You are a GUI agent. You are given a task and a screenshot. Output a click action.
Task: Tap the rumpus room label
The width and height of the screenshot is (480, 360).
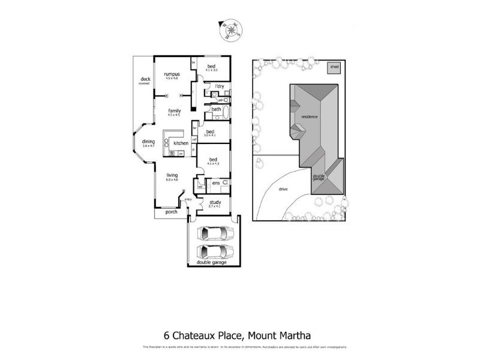172,75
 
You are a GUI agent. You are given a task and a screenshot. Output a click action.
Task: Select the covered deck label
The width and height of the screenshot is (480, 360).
145,80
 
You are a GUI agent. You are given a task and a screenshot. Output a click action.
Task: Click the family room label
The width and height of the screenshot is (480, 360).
174,112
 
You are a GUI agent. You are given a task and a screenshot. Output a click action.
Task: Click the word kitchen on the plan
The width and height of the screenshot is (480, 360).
181,144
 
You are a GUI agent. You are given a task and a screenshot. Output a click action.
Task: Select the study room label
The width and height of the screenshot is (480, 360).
215,203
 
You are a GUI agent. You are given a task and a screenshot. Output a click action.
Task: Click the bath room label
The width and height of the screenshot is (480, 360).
216,109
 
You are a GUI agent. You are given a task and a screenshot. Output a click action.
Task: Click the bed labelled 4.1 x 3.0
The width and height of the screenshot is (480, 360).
211,67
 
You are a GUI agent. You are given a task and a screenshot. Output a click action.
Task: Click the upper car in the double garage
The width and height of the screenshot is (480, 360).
214,233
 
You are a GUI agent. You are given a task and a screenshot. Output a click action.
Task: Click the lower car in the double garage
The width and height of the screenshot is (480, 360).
214,251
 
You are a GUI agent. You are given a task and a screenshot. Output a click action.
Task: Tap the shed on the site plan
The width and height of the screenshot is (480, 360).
334,67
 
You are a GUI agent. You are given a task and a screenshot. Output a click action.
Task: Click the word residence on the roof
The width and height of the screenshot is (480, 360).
310,116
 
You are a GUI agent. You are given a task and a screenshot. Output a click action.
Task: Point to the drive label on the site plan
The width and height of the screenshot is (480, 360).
283,189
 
